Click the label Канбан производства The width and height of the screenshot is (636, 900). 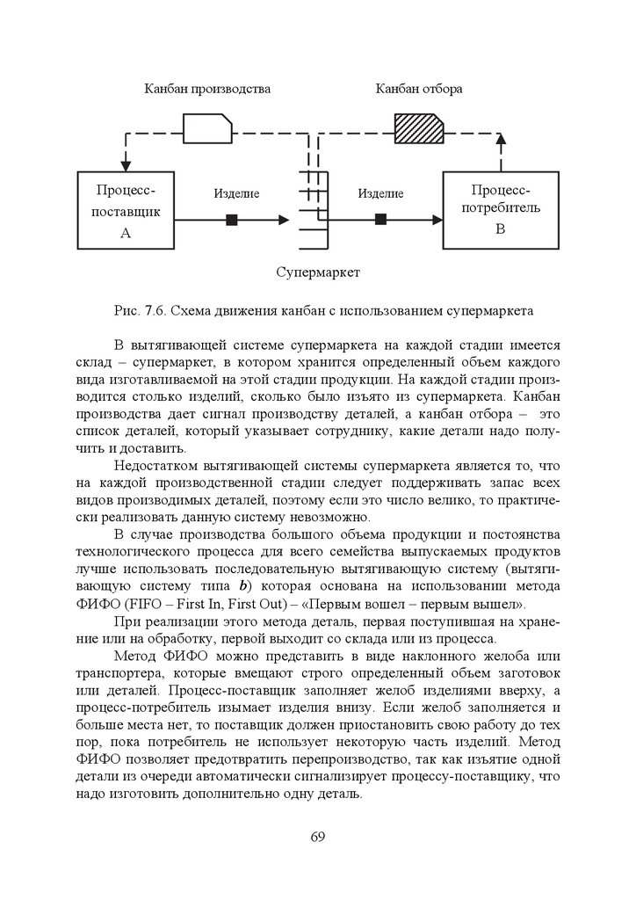tap(207, 89)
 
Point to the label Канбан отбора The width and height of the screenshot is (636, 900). tap(419, 89)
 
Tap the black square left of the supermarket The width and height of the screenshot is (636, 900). tap(232, 220)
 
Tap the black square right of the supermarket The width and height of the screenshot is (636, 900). tap(380, 220)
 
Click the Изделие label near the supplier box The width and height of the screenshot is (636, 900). tap(235, 193)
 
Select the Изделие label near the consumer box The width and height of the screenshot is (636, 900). tap(380, 193)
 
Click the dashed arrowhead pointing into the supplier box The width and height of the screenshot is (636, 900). tap(125, 163)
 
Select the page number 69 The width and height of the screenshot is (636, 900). tap(318, 835)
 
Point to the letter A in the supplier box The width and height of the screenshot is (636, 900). tap(125, 233)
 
